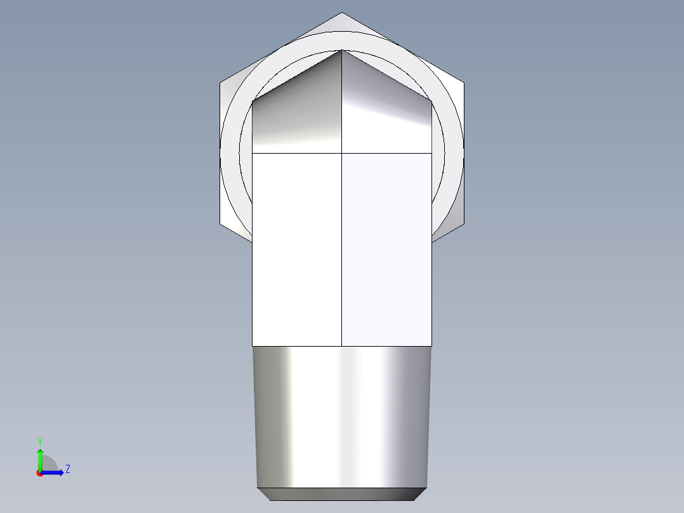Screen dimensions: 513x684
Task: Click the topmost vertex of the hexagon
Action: click(x=342, y=13)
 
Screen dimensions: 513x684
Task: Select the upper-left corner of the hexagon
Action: click(x=220, y=82)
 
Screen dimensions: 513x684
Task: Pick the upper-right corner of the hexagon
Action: click(x=464, y=82)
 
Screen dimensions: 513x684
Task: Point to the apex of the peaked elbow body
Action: click(x=342, y=50)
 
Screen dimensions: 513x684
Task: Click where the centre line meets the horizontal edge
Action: click(x=342, y=153)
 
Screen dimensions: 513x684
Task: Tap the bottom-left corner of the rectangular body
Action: click(x=253, y=345)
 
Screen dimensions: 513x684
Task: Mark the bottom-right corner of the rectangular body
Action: click(x=431, y=345)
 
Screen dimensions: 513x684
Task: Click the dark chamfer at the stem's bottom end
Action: click(x=342, y=494)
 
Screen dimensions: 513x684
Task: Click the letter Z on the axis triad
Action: click(x=67, y=469)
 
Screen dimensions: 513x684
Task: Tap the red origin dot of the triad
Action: click(x=39, y=473)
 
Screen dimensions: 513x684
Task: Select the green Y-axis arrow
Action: click(x=39, y=458)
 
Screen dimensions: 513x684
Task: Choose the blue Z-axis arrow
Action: click(x=54, y=472)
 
